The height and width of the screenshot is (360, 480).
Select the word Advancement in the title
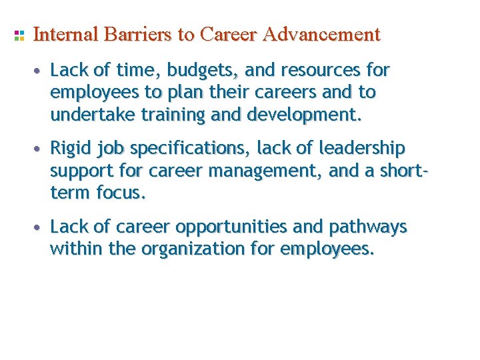(321, 34)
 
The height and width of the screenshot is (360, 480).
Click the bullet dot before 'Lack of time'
(41, 71)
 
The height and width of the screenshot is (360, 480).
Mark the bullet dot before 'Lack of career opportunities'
(41, 228)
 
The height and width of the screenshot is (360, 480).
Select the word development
(304, 115)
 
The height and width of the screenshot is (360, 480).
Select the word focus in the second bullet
(121, 193)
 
